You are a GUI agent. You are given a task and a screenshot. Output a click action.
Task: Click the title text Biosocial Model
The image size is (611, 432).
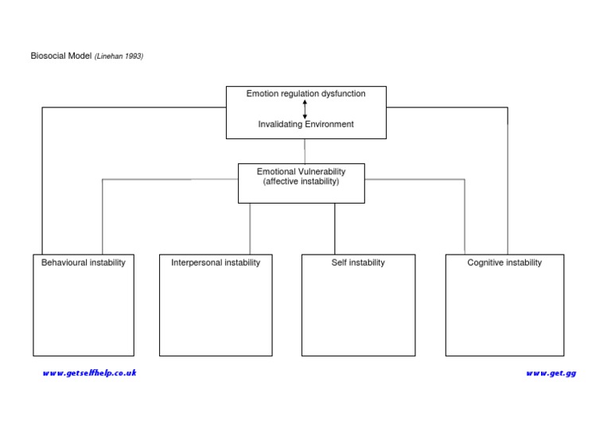tap(61, 56)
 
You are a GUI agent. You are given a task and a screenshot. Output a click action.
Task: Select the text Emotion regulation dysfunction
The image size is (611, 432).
tap(305, 94)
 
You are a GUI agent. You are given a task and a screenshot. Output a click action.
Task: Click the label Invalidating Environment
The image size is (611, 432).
tap(305, 124)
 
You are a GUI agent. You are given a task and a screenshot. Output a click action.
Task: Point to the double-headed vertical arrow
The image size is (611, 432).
tap(305, 109)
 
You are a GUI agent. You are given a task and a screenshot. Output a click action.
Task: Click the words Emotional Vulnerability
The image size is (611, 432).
tap(301, 172)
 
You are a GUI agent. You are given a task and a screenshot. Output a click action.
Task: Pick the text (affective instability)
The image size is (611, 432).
tap(301, 182)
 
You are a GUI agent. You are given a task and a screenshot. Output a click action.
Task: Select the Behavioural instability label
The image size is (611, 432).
tap(84, 263)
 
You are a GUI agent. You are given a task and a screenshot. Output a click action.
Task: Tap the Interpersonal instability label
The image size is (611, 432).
tap(216, 263)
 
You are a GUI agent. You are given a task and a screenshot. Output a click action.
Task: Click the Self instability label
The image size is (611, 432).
tap(358, 263)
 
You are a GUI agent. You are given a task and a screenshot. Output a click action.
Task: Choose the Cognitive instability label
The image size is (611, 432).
tap(504, 263)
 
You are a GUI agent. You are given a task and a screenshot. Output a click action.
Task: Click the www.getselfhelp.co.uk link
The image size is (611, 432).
tap(89, 373)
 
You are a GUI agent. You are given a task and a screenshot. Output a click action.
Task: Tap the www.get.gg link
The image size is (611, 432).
tap(551, 373)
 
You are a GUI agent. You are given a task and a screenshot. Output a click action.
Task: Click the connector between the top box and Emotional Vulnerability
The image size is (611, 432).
tap(305, 151)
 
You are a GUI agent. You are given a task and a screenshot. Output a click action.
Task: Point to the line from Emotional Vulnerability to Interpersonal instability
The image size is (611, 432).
tap(250, 228)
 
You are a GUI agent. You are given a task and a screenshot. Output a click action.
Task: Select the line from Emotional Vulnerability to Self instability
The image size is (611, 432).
tap(334, 228)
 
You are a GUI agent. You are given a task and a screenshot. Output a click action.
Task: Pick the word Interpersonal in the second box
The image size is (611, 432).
tap(197, 263)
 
